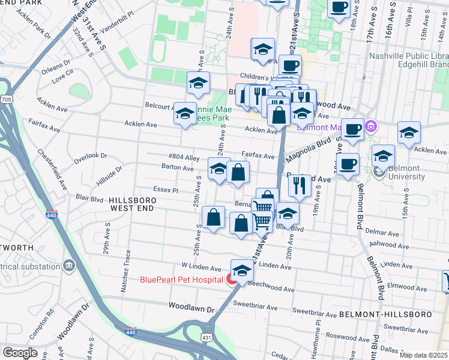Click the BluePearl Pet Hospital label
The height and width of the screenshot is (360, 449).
click(x=181, y=280)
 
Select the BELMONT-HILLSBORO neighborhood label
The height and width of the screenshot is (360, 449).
click(x=393, y=314)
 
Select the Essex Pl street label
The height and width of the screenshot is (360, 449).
click(x=166, y=189)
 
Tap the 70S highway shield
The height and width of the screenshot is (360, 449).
click(x=6, y=99)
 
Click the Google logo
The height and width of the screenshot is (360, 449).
click(x=20, y=353)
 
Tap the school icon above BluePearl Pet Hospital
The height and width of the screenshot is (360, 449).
click(x=242, y=270)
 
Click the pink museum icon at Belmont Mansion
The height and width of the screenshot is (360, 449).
click(x=370, y=127)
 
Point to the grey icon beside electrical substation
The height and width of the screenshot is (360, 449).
click(x=68, y=265)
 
